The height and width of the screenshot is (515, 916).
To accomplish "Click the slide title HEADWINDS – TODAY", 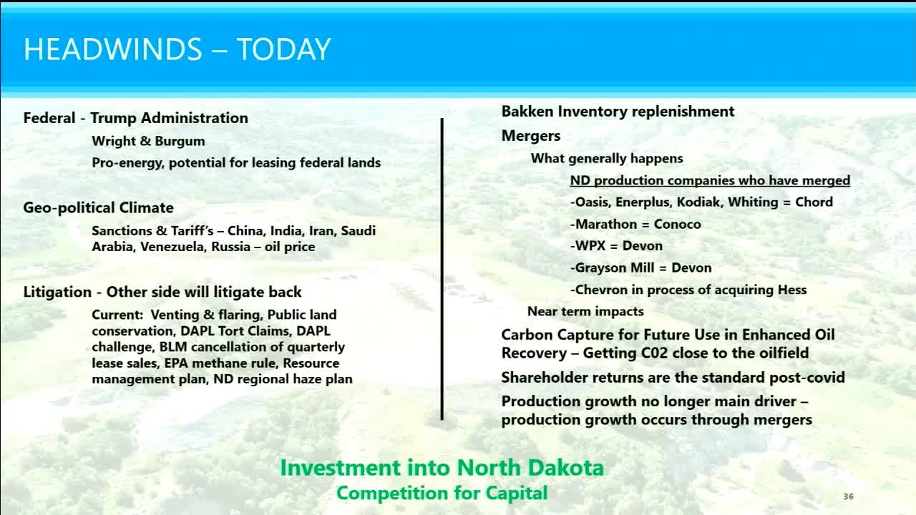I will (177, 49).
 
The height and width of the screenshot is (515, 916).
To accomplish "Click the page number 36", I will (848, 496).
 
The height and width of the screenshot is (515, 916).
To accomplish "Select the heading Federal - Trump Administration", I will (135, 118).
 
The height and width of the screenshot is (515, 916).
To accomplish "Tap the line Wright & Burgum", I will (148, 141).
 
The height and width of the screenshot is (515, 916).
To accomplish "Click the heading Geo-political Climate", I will (98, 207).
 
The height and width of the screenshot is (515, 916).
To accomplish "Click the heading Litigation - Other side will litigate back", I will (162, 292).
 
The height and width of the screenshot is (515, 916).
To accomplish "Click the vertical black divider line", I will (442, 268).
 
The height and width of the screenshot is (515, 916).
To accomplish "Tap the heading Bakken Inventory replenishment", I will (618, 112).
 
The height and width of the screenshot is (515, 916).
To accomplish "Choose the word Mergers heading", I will (530, 136).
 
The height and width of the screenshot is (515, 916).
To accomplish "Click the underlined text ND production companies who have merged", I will (710, 180).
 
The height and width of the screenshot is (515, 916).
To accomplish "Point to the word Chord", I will (814, 202).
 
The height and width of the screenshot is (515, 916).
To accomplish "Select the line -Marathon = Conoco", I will (635, 224).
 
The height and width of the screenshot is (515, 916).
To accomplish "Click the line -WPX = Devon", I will (616, 245).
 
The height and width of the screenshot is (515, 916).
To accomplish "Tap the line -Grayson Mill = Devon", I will (640, 268).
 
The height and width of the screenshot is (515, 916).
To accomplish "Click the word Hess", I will (791, 290).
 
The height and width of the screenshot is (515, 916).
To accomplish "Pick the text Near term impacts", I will (585, 311).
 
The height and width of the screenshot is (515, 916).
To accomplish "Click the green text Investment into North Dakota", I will (442, 468).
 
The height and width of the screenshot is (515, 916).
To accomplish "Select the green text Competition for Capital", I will (442, 493).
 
